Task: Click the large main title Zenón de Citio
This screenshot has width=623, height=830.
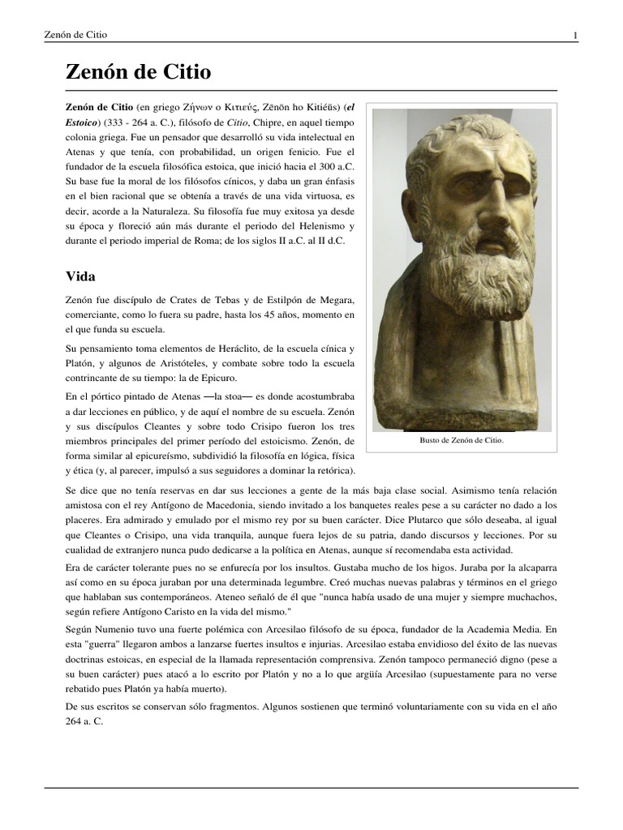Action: (x=138, y=72)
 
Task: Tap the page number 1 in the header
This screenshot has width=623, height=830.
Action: (x=575, y=35)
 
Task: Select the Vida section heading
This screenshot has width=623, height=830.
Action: (x=80, y=276)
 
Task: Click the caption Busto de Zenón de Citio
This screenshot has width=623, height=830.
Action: (x=462, y=440)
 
